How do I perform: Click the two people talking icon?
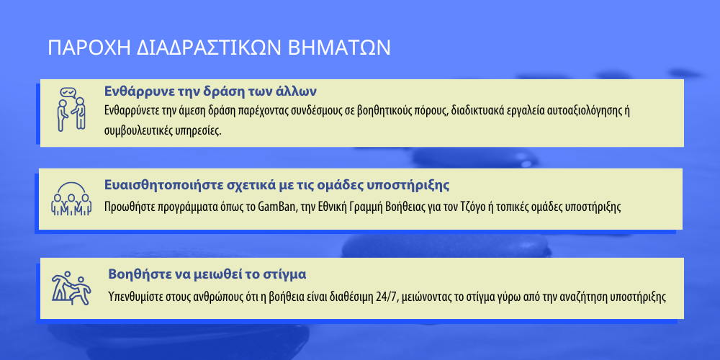71,109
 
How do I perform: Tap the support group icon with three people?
71,199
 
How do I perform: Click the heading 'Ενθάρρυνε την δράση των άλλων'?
210,91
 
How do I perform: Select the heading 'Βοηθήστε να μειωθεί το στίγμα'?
207,274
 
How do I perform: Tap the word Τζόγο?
472,207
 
